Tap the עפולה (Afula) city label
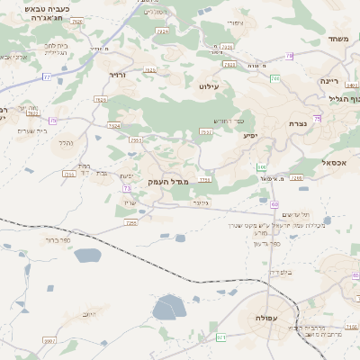tap(266, 319)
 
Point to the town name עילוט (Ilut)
tap(209, 86)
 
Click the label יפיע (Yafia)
tap(251, 135)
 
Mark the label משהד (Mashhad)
tap(338, 40)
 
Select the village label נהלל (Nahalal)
tap(65, 143)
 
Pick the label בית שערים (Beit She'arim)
tap(31, 130)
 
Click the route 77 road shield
tap(46, 76)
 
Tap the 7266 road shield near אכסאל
tap(297, 178)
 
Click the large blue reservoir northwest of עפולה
tap(168, 309)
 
